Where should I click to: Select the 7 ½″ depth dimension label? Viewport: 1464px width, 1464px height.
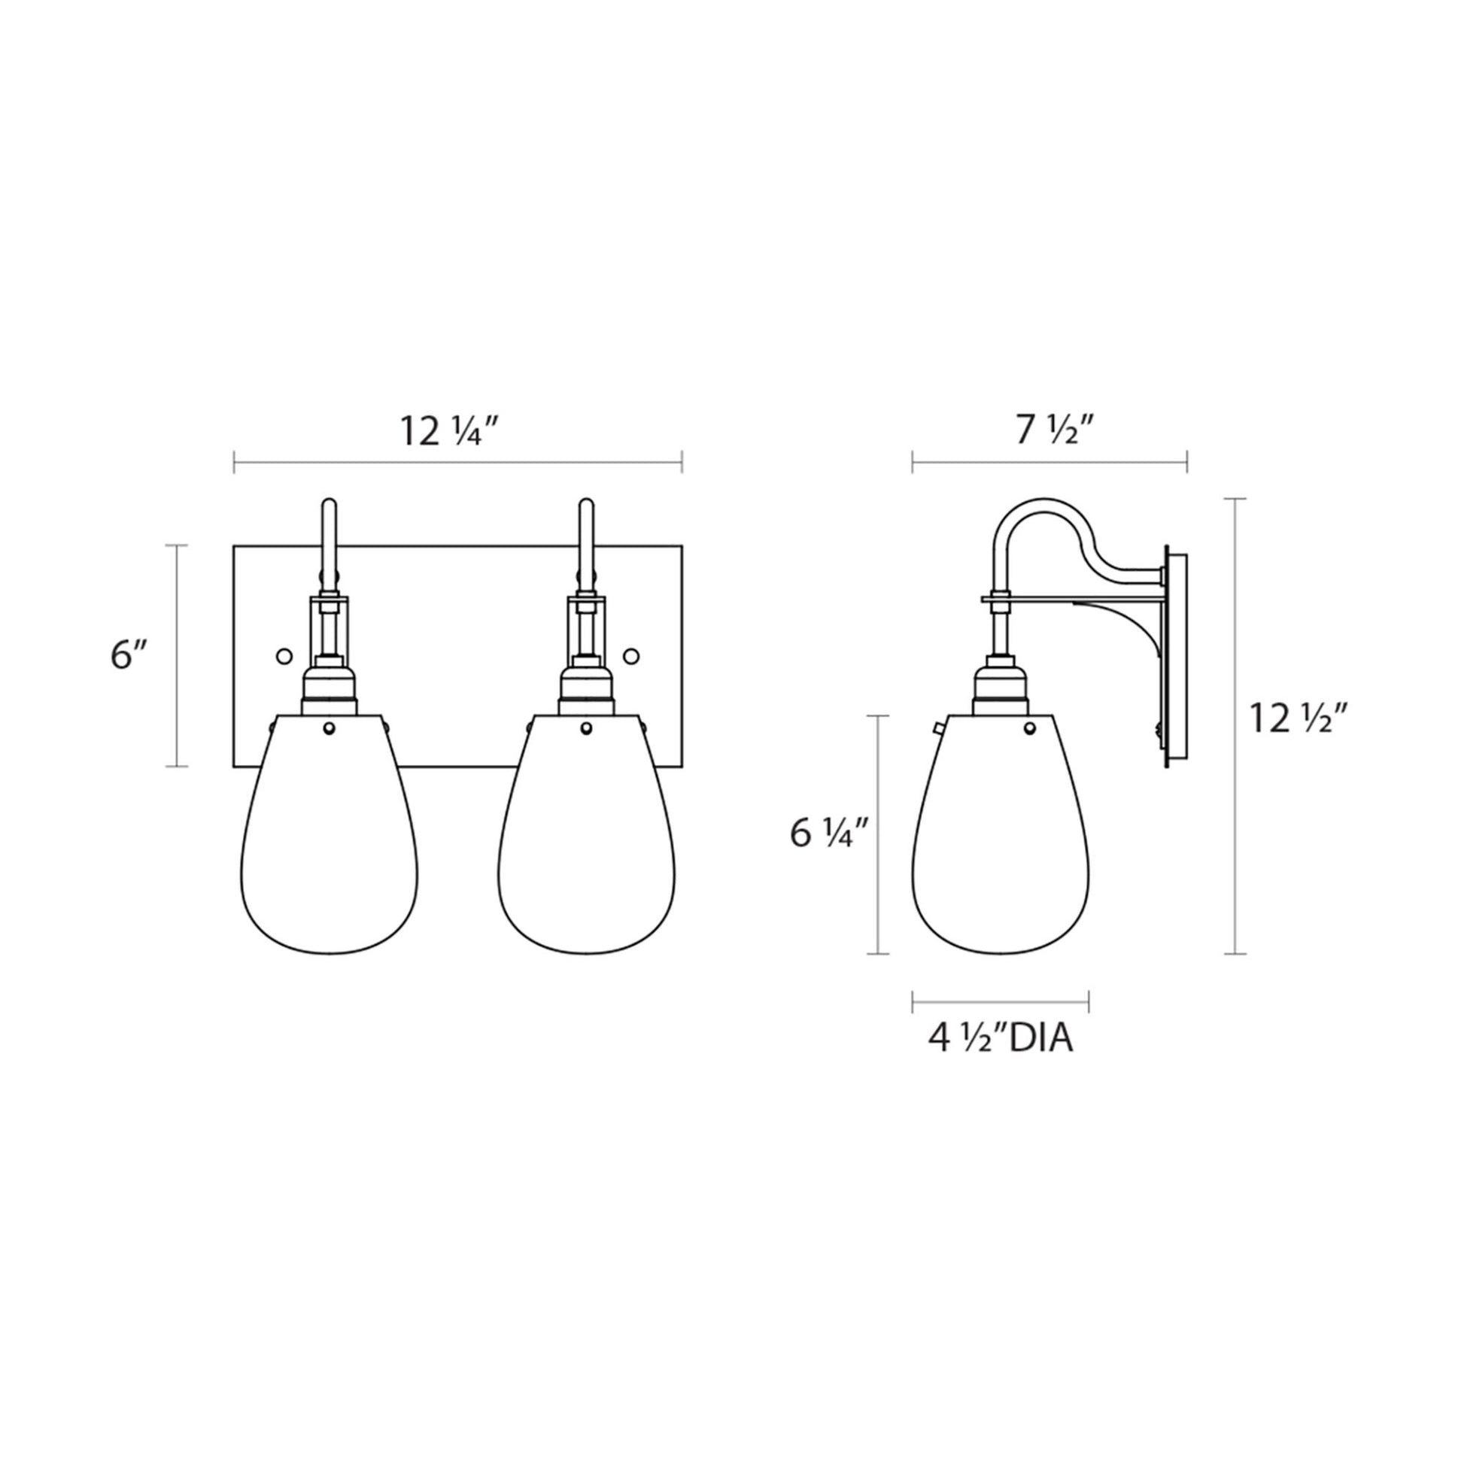point(1054,431)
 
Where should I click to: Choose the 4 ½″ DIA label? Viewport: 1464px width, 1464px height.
point(1001,1040)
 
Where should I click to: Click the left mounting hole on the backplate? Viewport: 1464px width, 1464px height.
point(284,655)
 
